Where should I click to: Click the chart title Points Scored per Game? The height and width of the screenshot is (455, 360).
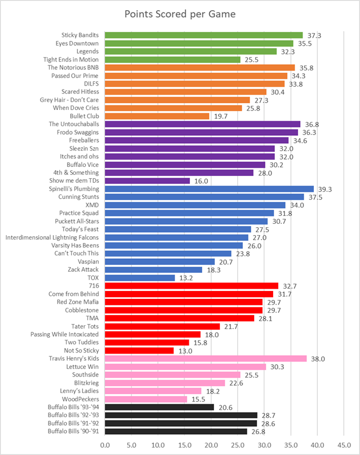[180, 14]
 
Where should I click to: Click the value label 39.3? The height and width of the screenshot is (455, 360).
[323, 189]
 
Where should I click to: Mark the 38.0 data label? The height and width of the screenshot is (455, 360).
[317, 359]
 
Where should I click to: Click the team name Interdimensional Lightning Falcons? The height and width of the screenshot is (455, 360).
[52, 237]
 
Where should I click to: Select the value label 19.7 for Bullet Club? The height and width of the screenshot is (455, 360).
[219, 116]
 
